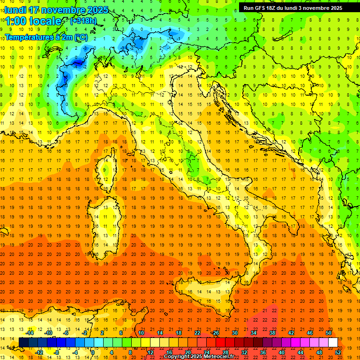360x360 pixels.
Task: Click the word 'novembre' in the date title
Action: [x=64, y=10]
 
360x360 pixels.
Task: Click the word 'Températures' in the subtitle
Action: [x=27, y=37]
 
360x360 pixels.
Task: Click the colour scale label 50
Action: [x=329, y=332]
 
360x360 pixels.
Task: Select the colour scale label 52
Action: [x=338, y=352]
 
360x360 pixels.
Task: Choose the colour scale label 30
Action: [x=235, y=332]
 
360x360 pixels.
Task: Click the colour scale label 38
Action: [x=272, y=332]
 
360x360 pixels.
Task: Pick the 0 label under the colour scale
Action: [x=93, y=352]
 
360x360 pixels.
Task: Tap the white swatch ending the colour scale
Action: [x=333, y=342]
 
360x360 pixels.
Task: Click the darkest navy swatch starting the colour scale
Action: [x=23, y=342]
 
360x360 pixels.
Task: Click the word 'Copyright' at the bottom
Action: [x=176, y=357]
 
